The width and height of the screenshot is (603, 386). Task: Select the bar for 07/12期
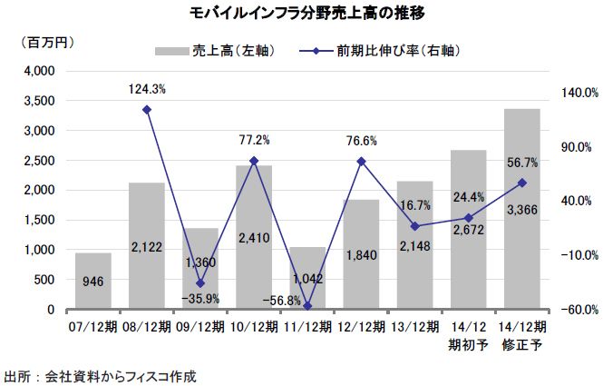pyautogui.click(x=92, y=282)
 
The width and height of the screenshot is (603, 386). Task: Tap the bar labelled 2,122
pyautogui.click(x=146, y=246)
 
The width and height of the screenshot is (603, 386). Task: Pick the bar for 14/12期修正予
pyautogui.click(x=521, y=209)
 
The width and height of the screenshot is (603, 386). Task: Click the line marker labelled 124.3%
pyautogui.click(x=147, y=110)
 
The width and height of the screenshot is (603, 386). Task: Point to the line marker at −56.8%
pyautogui.click(x=307, y=306)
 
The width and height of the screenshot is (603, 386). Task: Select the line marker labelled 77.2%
pyautogui.click(x=254, y=161)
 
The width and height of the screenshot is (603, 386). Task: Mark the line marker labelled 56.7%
pyautogui.click(x=521, y=183)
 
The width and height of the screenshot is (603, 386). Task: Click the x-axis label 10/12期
pyautogui.click(x=253, y=325)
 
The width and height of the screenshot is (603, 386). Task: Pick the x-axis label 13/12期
pyautogui.click(x=414, y=325)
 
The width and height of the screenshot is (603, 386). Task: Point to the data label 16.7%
pyautogui.click(x=415, y=207)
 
